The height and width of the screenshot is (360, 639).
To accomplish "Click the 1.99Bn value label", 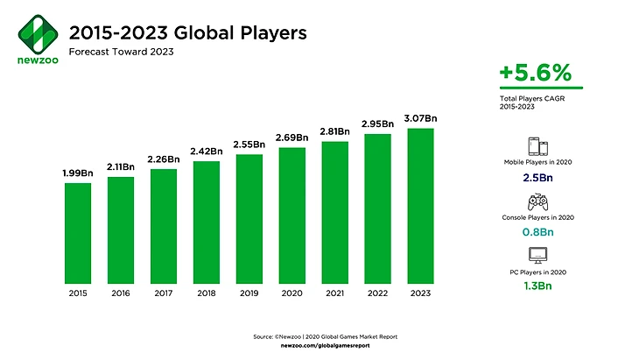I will coord(77,174).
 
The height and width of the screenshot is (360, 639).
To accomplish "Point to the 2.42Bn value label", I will coord(206,152).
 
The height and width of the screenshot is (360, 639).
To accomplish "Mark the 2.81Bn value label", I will coord(334,132).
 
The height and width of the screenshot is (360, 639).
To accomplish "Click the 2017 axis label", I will coord(163,293).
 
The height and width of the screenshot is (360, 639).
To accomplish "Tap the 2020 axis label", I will coord(291,293).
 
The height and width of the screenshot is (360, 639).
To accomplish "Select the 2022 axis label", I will coord(377,293).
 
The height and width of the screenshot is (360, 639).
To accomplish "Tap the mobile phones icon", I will coord(538,146).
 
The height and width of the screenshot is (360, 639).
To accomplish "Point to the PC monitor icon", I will coord(538,256).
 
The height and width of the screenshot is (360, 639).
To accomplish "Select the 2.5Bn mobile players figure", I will coord(538,179).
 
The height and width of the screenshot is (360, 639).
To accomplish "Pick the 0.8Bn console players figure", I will coord(538,232).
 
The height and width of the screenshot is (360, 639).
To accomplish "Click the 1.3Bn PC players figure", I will coord(538,286).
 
